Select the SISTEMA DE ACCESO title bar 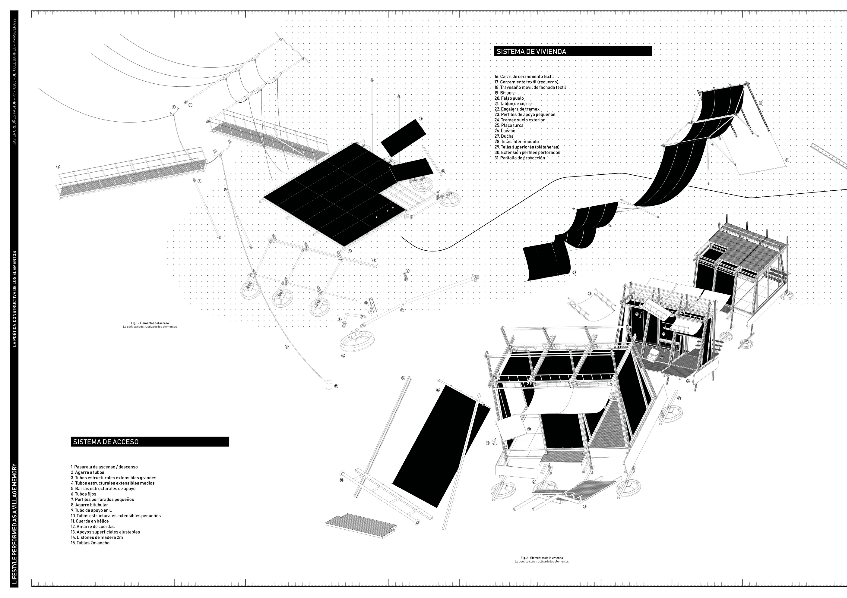[x=106, y=442]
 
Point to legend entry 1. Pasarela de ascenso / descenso [x=104, y=467]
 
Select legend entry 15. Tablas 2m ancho [x=90, y=543]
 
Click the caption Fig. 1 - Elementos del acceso [x=150, y=323]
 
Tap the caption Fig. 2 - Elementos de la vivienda [x=542, y=558]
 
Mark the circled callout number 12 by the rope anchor [x=336, y=386]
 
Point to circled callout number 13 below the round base [x=343, y=356]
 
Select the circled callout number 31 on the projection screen [x=787, y=160]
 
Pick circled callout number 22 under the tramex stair [x=584, y=507]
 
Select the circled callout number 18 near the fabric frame [x=341, y=480]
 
